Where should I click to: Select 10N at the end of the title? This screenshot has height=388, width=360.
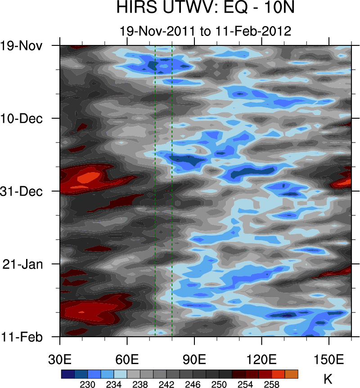[285, 8]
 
